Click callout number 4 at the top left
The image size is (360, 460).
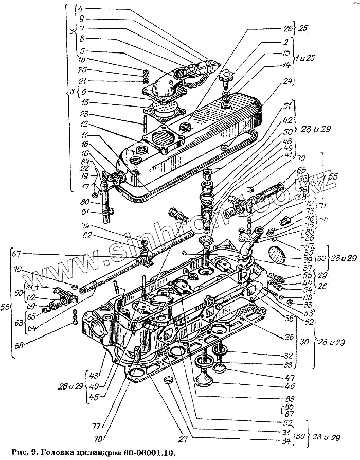coord(80,9)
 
